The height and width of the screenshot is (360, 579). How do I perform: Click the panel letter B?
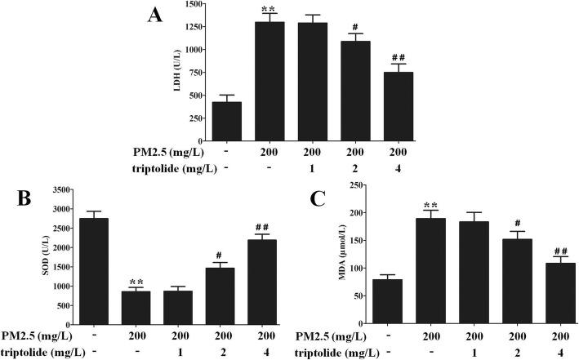point(16,200)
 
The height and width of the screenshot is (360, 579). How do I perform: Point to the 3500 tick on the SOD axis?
point(53,190)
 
